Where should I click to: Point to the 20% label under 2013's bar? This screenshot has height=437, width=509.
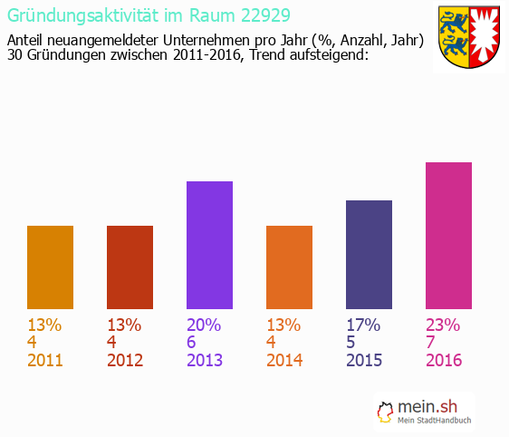pos(204,325)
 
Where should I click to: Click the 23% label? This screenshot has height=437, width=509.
pos(443,325)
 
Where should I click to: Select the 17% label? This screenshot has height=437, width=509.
pos(363,325)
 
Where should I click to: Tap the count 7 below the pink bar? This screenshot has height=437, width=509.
pos(431,343)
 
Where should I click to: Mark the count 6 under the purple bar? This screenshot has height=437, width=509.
pos(192,343)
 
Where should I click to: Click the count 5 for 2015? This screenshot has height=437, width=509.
pos(351,343)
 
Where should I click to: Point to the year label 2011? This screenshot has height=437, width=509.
pos(45,361)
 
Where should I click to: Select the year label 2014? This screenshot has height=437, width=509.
pos(284,361)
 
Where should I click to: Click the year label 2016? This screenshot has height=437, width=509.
pos(444,361)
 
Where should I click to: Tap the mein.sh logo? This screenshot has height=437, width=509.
pos(426,412)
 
